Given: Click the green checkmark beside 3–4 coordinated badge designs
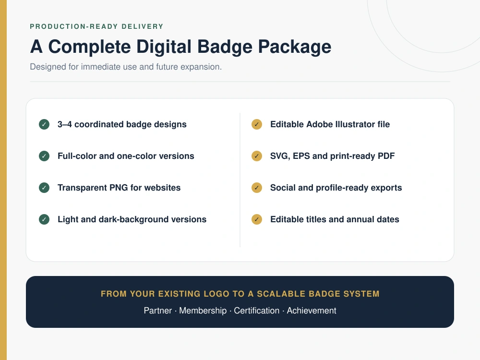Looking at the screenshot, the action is click(44, 124).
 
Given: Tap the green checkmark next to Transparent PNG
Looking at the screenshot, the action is click(44, 188).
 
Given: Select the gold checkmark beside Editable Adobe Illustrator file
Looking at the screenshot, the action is click(257, 124).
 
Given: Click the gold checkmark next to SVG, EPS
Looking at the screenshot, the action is click(257, 156).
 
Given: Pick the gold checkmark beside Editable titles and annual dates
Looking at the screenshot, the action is click(257, 219).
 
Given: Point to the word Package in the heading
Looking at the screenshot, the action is click(295, 48).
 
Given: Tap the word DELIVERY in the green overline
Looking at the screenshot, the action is click(143, 26).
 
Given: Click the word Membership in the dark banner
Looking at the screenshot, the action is click(203, 311).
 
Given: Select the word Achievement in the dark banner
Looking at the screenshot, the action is click(312, 311).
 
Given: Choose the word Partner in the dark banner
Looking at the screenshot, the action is click(157, 311).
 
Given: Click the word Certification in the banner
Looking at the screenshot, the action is click(256, 311).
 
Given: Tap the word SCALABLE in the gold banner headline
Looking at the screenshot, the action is click(281, 294).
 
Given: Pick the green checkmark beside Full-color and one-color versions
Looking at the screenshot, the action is click(44, 156).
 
